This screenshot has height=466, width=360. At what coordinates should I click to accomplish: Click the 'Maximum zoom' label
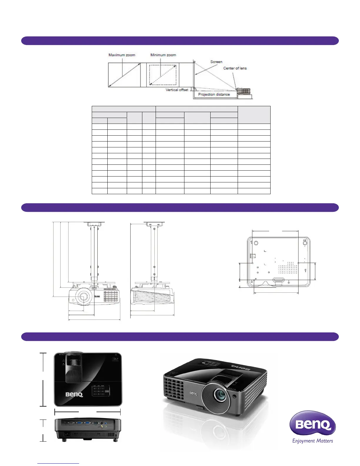tap(122, 55)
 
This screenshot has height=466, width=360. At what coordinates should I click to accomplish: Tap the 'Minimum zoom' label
tap(163, 55)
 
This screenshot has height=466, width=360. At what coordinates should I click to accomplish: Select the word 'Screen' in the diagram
tap(216, 62)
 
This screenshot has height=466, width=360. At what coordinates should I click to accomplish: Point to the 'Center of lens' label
tap(235, 68)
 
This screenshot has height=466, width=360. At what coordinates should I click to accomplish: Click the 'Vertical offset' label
tap(177, 90)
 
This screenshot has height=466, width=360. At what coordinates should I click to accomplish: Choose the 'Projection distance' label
tap(214, 94)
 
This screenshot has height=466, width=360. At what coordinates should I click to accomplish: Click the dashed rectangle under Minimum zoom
tap(163, 75)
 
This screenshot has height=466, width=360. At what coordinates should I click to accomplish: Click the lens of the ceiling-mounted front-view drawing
tap(83, 296)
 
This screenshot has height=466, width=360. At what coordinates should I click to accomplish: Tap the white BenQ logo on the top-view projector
tap(74, 394)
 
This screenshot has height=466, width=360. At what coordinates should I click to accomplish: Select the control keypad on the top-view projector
tap(101, 391)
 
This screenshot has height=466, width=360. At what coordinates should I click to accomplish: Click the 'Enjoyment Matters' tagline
tap(312, 441)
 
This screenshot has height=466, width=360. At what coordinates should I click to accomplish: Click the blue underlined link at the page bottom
tap(58, 463)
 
